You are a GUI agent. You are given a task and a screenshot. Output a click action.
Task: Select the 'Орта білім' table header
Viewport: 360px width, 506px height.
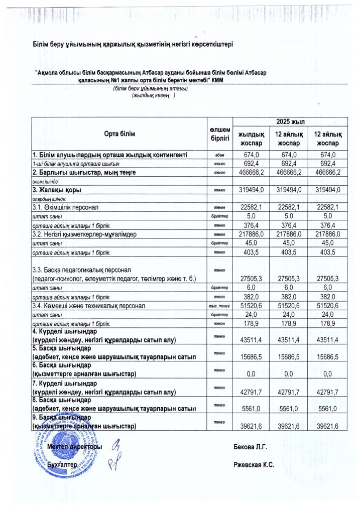click(x=119, y=134)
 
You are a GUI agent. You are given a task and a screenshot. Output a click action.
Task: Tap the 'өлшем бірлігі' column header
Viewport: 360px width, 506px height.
click(x=220, y=134)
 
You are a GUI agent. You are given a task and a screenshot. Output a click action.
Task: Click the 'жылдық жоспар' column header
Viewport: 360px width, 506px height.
click(x=251, y=138)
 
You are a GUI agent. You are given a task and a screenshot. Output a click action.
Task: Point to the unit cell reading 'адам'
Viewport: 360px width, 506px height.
click(x=220, y=155)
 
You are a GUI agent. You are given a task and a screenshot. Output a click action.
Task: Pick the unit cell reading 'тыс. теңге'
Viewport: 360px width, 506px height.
click(x=220, y=306)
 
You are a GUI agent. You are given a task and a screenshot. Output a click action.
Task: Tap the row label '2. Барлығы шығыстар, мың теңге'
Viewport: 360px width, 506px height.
click(x=84, y=172)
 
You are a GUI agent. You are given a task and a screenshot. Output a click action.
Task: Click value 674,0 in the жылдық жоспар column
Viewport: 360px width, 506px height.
click(x=251, y=155)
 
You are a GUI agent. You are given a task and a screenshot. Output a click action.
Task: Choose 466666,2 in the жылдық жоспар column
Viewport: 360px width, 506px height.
click(x=251, y=172)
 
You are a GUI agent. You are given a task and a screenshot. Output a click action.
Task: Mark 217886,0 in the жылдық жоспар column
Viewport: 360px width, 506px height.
click(x=251, y=234)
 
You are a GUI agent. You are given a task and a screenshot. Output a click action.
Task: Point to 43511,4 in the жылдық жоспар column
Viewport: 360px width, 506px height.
click(x=251, y=340)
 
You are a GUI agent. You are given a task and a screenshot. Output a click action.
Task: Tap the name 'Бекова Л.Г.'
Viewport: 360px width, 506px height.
click(x=250, y=446)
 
